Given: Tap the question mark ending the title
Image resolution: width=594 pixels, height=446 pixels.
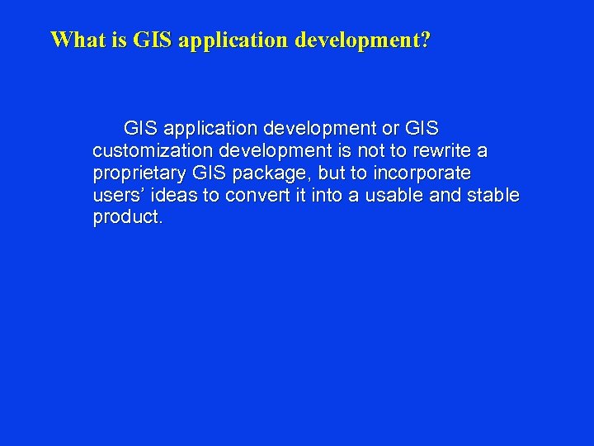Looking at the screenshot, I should click(425, 40).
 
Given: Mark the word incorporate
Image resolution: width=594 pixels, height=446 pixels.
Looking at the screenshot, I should click(422, 173).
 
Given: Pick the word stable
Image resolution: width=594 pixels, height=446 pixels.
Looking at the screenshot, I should click(492, 196).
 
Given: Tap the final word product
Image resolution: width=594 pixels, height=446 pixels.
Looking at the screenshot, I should click(128, 218).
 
